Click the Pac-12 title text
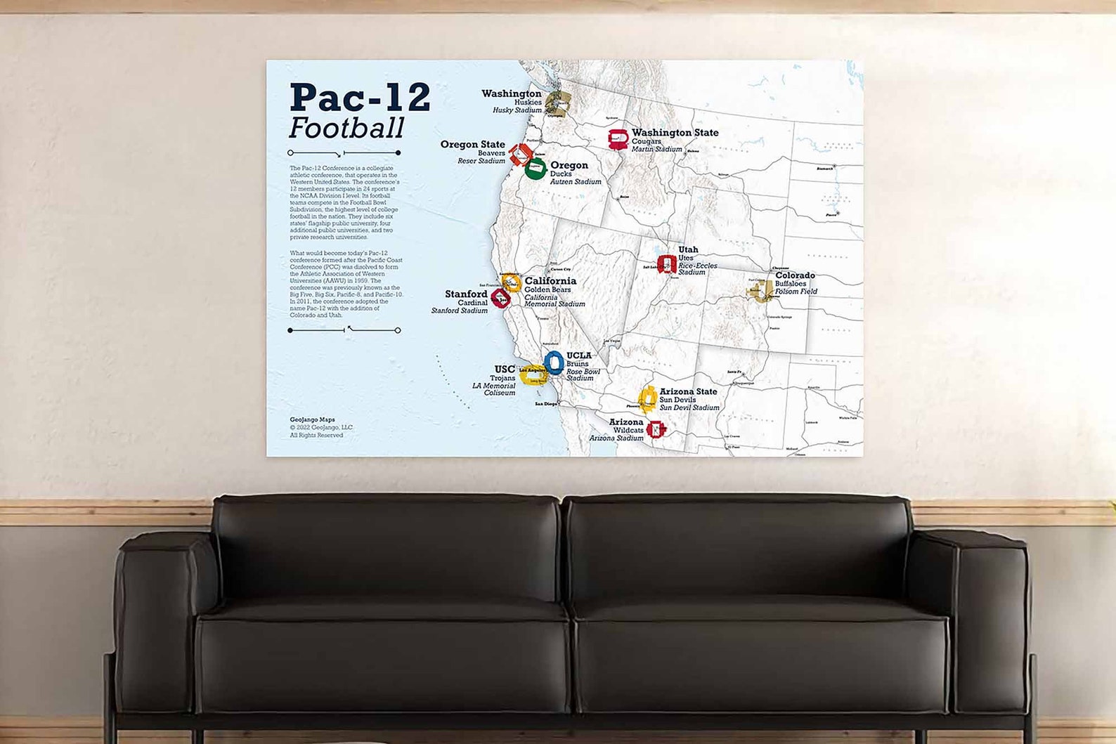click(359, 97)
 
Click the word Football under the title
click(346, 129)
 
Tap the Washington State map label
click(675, 133)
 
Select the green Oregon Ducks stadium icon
click(536, 169)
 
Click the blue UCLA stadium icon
click(554, 363)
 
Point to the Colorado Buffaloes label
click(795, 276)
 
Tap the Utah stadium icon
click(666, 264)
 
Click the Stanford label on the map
click(466, 294)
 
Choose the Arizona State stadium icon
click(648, 399)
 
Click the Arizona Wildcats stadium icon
click(656, 429)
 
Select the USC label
click(505, 370)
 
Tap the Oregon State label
click(472, 145)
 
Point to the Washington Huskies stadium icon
click(558, 103)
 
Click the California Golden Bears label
click(550, 281)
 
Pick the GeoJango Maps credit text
click(313, 420)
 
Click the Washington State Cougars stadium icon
click(618, 139)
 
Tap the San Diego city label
click(546, 404)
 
